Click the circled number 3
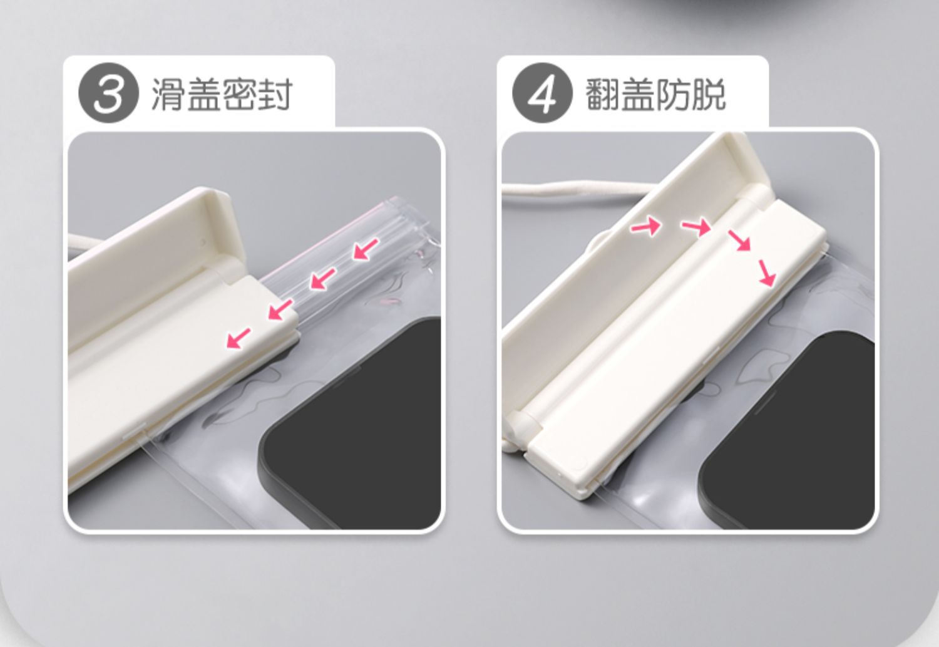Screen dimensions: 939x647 click(x=108, y=93)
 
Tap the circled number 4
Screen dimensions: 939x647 click(x=542, y=93)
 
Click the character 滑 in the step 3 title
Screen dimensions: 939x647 click(x=168, y=94)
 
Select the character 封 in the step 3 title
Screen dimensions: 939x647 click(x=275, y=94)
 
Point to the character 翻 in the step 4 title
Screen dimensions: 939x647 click(x=602, y=94)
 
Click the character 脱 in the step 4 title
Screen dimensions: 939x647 click(x=709, y=94)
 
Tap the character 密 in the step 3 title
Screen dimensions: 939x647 click(x=239, y=94)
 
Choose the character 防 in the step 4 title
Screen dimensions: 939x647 click(x=673, y=94)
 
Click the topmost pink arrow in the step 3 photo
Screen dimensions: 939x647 click(x=366, y=249)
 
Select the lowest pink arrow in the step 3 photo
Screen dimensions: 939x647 click(x=238, y=338)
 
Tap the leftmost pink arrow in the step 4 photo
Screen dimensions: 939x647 click(x=647, y=227)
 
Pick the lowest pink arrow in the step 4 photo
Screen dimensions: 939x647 click(x=767, y=273)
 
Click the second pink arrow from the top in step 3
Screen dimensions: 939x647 click(x=323, y=279)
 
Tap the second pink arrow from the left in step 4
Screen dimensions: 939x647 click(x=696, y=229)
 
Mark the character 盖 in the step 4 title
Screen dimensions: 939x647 click(x=638, y=94)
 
